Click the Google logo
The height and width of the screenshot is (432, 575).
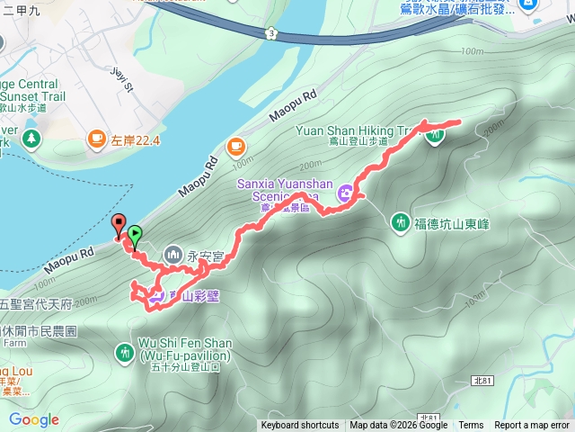[x=33, y=420]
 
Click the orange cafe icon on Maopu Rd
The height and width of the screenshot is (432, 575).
[x=235, y=145]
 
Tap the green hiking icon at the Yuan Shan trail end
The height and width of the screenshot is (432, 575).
[x=436, y=136]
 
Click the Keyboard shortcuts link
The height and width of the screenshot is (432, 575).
[x=300, y=426]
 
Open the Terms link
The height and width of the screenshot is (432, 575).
[x=471, y=426]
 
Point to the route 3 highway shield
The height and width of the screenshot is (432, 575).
[x=270, y=33]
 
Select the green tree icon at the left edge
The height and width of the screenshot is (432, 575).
[x=32, y=139]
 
